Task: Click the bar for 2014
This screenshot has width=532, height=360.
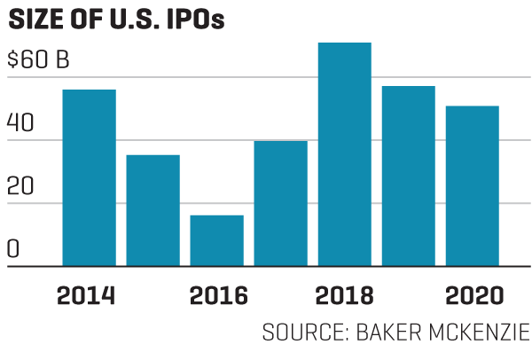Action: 89,177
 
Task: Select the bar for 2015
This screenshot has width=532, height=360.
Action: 153,210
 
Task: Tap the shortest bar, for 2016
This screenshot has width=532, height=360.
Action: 216,240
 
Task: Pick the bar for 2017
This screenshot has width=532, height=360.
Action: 280,203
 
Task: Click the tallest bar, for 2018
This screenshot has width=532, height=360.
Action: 344,154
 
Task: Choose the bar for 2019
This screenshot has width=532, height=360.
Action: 408,176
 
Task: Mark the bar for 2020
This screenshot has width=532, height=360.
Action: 472,185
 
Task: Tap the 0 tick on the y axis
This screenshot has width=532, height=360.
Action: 12,249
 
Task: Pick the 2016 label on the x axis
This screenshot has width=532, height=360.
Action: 215,295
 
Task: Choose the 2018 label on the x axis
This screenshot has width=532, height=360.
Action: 344,295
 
